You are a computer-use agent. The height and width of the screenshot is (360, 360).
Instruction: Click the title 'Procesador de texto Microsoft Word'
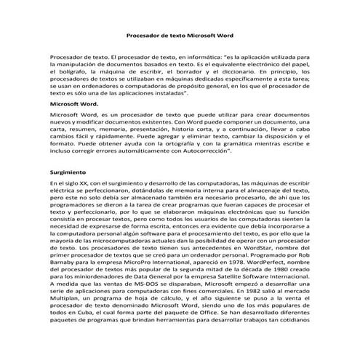180,33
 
